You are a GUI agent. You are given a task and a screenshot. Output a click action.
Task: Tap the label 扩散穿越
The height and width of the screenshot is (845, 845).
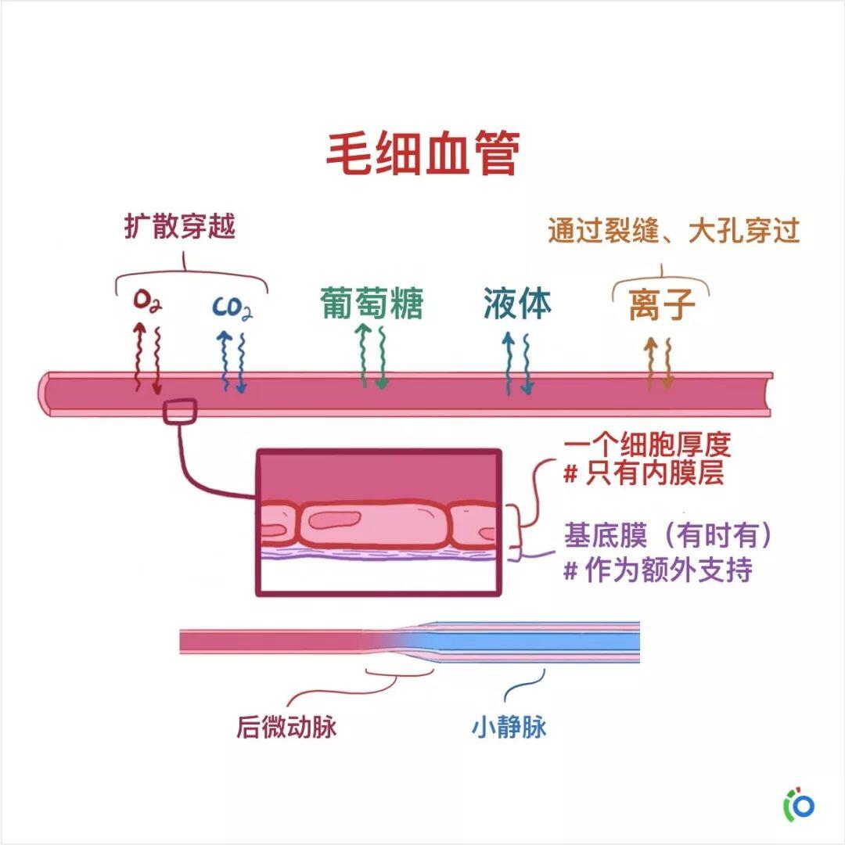(180, 226)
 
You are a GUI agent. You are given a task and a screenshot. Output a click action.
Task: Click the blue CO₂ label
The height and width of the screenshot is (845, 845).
(232, 308)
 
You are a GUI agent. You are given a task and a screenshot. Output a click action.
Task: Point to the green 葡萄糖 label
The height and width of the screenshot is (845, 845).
(372, 303)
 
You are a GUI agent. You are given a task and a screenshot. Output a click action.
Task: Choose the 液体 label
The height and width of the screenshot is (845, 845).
(517, 303)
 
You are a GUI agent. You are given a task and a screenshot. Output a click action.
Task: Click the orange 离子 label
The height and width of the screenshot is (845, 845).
(662, 304)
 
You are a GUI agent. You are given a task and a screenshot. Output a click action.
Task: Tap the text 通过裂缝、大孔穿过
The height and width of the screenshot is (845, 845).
(674, 231)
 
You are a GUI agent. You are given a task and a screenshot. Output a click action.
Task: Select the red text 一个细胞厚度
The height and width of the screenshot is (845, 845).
(647, 446)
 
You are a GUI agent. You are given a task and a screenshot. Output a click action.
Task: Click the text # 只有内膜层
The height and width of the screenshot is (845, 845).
(643, 473)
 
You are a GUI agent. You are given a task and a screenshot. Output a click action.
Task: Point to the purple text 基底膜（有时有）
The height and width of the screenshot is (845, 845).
(668, 536)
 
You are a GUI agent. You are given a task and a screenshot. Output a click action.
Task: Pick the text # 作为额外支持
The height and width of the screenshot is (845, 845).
(658, 570)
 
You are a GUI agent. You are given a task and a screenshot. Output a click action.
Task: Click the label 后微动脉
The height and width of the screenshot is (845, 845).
(286, 727)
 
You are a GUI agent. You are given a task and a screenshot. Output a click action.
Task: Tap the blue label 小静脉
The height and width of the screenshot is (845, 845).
(509, 727)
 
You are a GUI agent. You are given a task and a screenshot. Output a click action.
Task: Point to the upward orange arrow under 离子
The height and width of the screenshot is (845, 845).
(651, 365)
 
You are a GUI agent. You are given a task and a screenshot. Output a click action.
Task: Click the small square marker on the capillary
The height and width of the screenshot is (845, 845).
(180, 412)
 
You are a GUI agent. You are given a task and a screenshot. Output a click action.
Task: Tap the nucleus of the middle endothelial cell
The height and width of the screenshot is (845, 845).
(334, 520)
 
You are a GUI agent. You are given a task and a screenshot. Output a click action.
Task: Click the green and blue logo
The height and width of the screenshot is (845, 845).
(799, 805)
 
